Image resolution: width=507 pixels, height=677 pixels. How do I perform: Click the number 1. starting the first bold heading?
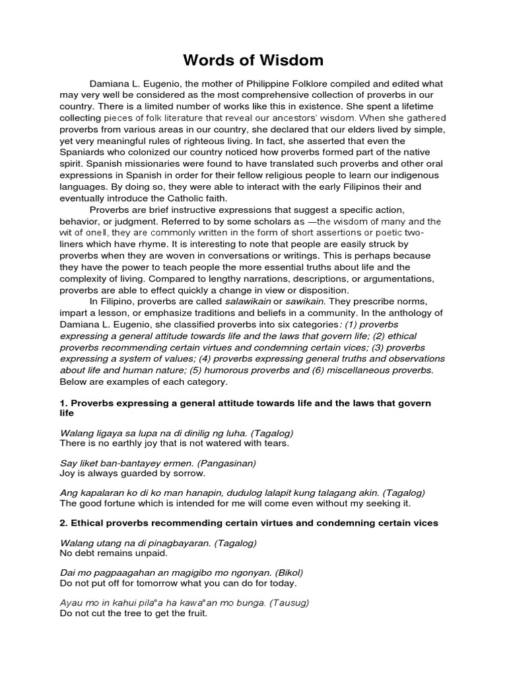(63, 403)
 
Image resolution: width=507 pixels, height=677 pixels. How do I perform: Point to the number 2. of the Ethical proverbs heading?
(63, 524)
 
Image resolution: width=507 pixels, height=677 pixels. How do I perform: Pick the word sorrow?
(190, 473)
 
